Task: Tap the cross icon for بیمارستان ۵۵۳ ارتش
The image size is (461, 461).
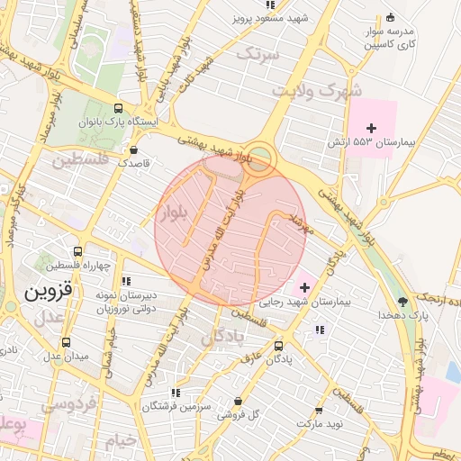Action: click(372, 128)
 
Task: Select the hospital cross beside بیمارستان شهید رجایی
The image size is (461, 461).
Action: click(304, 288)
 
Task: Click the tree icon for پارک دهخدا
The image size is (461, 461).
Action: click(403, 301)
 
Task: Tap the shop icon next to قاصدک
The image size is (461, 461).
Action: click(134, 149)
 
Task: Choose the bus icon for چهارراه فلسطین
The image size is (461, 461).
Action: click(78, 252)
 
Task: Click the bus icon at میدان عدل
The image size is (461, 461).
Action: click(66, 342)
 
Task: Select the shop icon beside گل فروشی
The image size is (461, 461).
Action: click(238, 401)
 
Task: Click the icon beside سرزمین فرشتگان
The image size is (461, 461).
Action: click(176, 393)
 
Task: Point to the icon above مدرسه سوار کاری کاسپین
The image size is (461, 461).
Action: click(390, 17)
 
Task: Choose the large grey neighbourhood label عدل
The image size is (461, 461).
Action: click(50, 318)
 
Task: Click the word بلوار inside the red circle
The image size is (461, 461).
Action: click(174, 213)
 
